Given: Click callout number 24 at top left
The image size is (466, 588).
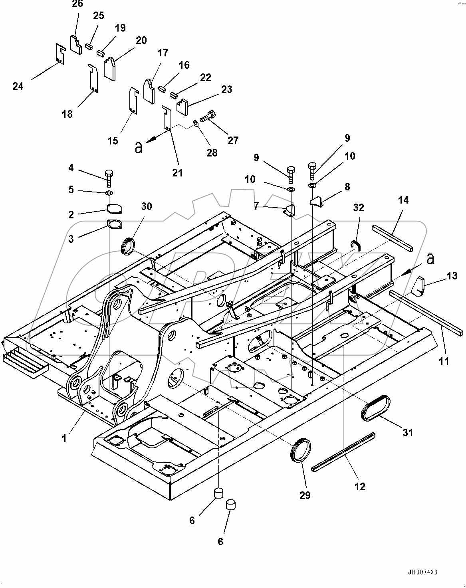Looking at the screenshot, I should click(x=18, y=86).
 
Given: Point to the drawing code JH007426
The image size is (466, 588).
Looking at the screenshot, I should click(x=422, y=572).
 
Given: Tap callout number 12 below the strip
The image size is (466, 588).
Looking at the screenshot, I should click(x=360, y=487).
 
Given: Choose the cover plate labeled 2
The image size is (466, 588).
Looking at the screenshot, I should click(x=115, y=208).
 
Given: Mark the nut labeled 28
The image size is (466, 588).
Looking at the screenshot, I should click(x=196, y=123).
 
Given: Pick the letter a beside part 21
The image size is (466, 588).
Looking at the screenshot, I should click(x=139, y=147).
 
